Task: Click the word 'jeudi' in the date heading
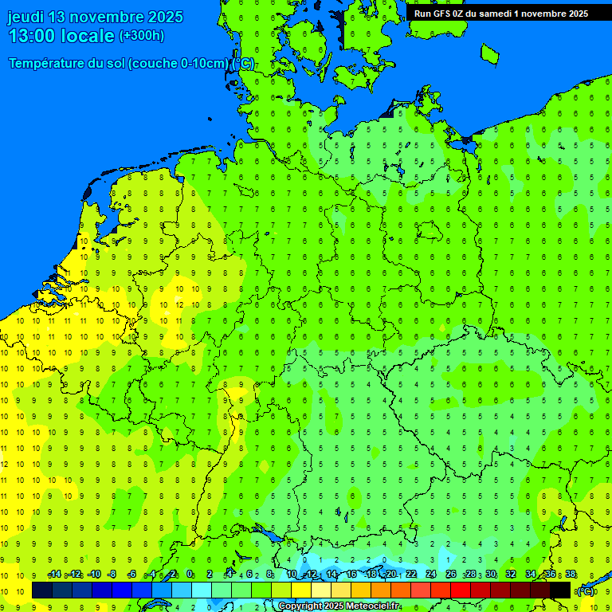click(25, 17)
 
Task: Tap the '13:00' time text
click(33, 36)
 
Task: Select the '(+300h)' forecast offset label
click(141, 36)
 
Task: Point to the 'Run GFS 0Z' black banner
click(500, 13)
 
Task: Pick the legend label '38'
click(571, 574)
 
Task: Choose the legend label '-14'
click(54, 574)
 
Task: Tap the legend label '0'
click(190, 574)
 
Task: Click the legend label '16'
click(351, 574)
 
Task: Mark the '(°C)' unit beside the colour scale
click(586, 590)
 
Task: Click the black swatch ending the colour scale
click(560, 590)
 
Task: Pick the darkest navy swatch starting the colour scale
click(42, 590)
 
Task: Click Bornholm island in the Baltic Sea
click(489, 53)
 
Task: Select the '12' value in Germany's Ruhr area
click(180, 304)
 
